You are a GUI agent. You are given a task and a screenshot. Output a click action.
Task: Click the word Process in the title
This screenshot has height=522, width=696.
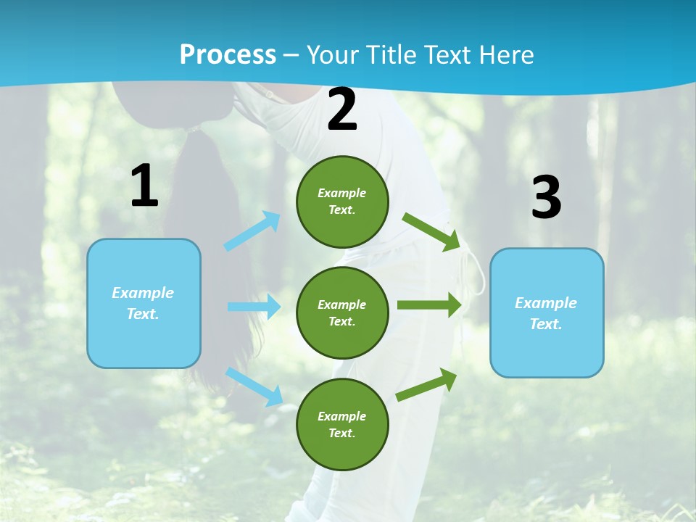pos(228,54)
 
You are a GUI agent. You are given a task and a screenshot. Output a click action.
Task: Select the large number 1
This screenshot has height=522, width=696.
pos(144,186)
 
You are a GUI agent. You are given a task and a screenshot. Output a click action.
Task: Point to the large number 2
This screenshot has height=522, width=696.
pos(342,110)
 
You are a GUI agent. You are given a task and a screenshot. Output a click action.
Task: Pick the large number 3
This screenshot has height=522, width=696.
pos(546,197)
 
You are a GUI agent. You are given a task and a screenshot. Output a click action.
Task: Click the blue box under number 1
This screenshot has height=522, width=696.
pos(144,303)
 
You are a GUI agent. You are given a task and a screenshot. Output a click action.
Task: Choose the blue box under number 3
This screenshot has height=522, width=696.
pos(547,312)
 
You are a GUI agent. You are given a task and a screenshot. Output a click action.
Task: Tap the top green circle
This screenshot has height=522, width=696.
pos(342,202)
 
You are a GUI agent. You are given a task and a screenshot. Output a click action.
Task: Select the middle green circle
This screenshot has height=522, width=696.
pos(342,312)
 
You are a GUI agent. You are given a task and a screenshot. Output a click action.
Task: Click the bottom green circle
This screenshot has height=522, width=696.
pos(342,424)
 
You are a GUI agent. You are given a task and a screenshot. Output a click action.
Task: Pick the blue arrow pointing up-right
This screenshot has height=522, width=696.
pos(252,231)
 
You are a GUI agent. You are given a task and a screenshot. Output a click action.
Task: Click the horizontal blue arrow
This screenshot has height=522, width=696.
pos(253,307)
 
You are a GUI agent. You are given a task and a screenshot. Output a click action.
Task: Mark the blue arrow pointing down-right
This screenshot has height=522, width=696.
pos(254,386)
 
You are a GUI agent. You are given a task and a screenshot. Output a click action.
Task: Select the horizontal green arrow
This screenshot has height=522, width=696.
pos(428,305)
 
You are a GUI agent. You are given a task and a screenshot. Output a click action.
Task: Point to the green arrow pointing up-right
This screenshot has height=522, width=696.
pos(426,385)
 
